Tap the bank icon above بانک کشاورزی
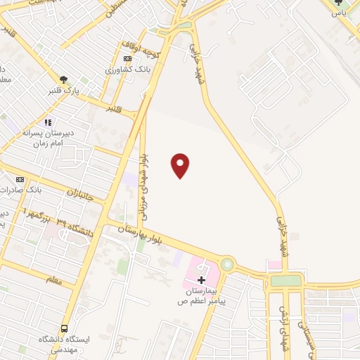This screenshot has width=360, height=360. click(x=127, y=59)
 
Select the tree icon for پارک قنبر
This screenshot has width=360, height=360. click(x=64, y=79)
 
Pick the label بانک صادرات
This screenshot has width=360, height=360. click(x=39, y=190)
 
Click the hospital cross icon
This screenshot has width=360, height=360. click(x=202, y=280)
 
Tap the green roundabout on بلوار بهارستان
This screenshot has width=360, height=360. click(x=227, y=264)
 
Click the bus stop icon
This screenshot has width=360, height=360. click(x=65, y=328)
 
